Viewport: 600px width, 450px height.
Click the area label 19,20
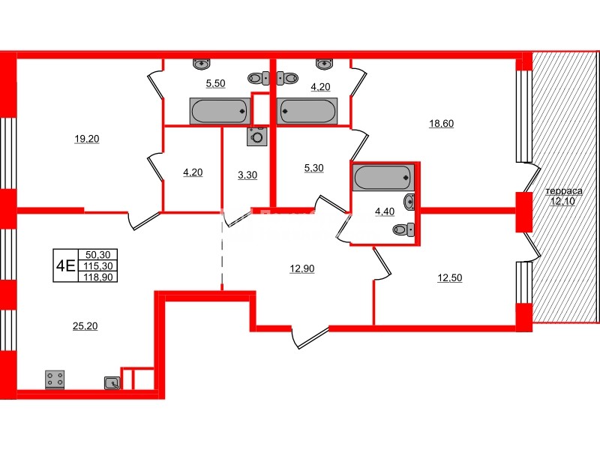tap(87, 139)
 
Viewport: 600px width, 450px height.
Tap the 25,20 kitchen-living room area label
tap(87, 325)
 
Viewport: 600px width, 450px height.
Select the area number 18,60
tap(440, 124)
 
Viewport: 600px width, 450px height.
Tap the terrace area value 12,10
tap(562, 201)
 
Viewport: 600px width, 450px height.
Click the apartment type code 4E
tap(64, 265)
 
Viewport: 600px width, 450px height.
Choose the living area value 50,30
tap(97, 255)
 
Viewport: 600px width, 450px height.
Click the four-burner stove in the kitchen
tap(54, 379)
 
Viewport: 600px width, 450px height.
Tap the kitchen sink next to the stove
tap(112, 383)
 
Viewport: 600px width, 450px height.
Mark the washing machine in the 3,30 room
tap(258, 136)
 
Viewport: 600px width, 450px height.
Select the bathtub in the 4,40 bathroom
tap(382, 178)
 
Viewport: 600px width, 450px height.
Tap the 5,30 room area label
tap(315, 168)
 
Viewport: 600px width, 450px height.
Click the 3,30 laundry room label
tap(246, 175)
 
